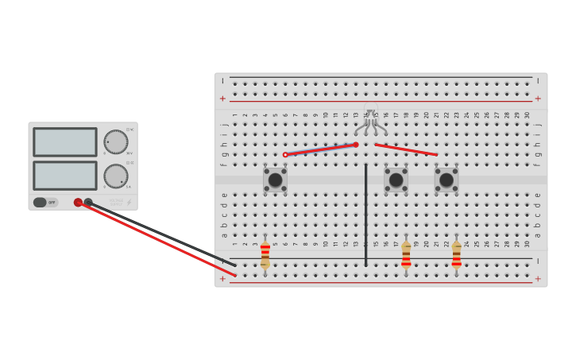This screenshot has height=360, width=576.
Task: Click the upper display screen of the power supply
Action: point(64,142)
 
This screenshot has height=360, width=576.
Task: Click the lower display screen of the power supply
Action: point(64,175)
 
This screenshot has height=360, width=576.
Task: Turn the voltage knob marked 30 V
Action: point(116,142)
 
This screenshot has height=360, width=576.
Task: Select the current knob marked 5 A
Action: point(116,176)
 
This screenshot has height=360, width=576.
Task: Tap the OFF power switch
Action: point(45,203)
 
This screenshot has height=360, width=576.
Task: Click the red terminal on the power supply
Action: point(78,203)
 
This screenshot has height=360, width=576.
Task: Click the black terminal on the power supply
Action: point(88,203)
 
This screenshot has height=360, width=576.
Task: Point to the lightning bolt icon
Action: point(129,203)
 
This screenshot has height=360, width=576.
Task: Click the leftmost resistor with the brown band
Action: point(265,254)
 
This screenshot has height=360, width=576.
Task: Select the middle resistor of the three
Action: point(406,254)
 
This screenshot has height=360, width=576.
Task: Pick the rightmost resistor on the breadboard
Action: point(456,254)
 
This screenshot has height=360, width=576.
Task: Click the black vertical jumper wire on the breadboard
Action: point(365,215)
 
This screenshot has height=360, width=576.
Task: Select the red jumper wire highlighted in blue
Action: point(320,149)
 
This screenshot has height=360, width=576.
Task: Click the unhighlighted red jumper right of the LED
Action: point(405,149)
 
